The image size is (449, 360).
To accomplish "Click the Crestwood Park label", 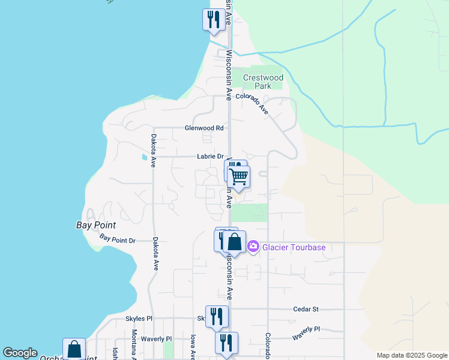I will point(263,82).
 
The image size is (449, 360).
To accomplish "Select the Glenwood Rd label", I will point(204,128).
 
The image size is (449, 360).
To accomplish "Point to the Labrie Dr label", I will point(210,157).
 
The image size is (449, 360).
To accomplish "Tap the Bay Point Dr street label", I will point(118,240).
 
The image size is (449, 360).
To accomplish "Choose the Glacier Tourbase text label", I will point(294,247).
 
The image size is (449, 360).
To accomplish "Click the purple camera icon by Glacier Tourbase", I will point(253,247).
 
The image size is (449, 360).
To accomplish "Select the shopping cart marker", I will point(239,177).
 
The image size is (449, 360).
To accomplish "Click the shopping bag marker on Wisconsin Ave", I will point(234,242).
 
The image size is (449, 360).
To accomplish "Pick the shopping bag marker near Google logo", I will point(74,349).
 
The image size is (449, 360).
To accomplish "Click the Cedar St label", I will point(306,310).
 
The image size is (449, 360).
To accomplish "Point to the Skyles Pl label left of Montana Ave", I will point(139,319).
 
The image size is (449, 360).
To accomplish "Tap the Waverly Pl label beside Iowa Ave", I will point(156,339).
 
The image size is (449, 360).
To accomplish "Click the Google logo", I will point(20,353).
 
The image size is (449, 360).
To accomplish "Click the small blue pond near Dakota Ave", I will point(143,157).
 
